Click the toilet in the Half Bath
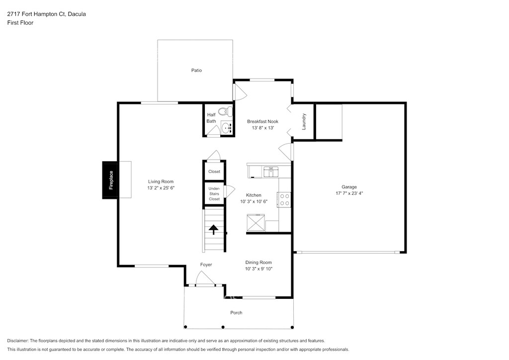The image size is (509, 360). click(225, 112)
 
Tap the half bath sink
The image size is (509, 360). click(227, 128)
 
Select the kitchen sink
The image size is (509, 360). click(270, 172)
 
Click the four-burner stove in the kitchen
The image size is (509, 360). click(284, 199)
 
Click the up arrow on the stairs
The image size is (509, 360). click(213, 229)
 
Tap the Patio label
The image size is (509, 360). click(196, 70)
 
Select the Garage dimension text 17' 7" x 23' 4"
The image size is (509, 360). click(349, 193)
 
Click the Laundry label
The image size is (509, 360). click(304, 121)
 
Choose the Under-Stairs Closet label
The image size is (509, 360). click(214, 194)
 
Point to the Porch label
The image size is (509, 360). click(236, 313)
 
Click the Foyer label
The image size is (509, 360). click(206, 265)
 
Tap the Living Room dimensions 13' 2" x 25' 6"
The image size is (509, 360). click(161, 188)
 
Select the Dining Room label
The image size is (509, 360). click(258, 262)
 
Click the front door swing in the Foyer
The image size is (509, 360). click(205, 278)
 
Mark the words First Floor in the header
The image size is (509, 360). click(20, 23)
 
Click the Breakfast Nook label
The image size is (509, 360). click(262, 121)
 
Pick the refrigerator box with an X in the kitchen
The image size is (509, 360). click(256, 222)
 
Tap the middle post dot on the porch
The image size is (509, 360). click(223, 327)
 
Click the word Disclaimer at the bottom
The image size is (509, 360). click(17, 341)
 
